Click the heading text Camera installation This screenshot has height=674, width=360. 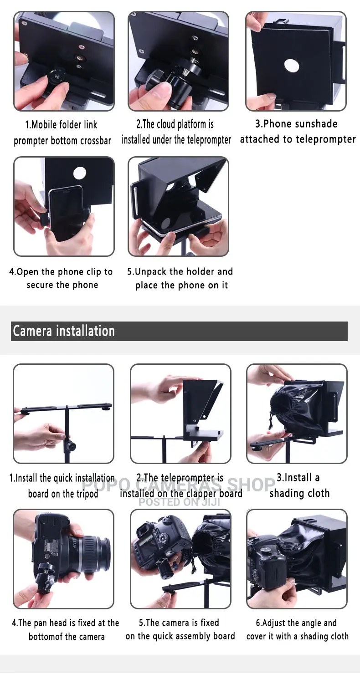point(64,331)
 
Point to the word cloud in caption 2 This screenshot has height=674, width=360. point(166,124)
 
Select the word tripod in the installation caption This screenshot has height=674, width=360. point(87,494)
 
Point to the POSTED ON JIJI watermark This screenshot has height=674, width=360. point(179,502)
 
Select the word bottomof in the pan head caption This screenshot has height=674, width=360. point(47,637)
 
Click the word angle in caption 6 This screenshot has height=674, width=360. point(310,623)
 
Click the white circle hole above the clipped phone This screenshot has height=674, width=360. point(80,173)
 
